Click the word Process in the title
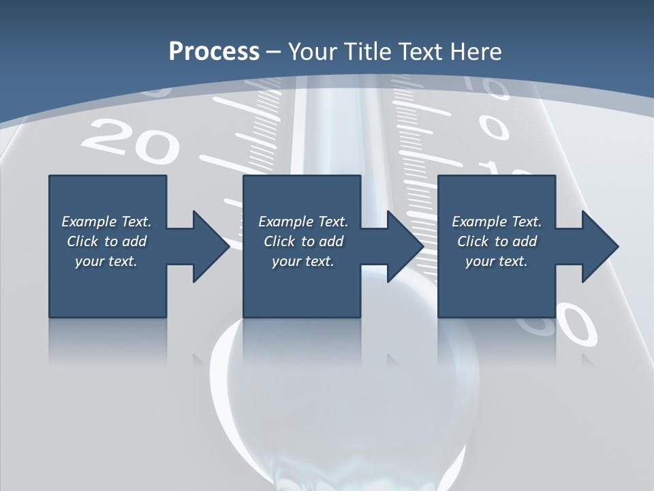click(214, 52)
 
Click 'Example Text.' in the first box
click(106, 222)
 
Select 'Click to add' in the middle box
click(303, 241)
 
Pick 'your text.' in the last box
click(496, 261)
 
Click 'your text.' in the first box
click(106, 261)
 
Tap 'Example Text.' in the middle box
click(303, 222)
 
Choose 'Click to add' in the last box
click(497, 241)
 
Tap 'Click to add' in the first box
click(106, 241)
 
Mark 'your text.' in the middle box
click(302, 261)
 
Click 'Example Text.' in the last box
click(497, 222)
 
